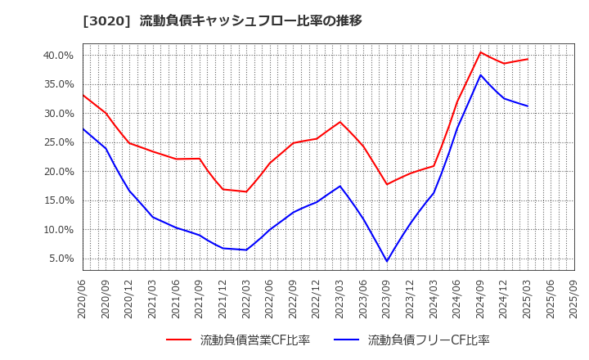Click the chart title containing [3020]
[222, 20]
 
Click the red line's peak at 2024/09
[480, 52]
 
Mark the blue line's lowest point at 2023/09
[387, 261]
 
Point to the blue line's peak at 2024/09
[480, 75]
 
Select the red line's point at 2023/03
[340, 122]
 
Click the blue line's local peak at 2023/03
[340, 186]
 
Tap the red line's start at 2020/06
[83, 95]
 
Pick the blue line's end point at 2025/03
[528, 106]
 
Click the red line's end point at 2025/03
[528, 59]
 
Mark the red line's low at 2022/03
[246, 191]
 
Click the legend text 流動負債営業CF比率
[255, 340]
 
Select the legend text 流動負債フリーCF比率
[429, 340]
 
